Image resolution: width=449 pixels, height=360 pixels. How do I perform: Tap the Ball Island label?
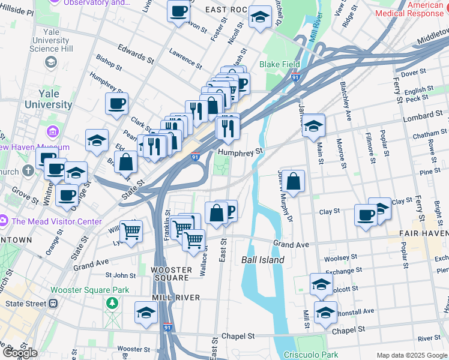(x=263, y=260)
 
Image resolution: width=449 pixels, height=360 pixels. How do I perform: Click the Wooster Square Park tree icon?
(x=112, y=304)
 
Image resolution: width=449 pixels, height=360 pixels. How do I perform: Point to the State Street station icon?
(x=53, y=304)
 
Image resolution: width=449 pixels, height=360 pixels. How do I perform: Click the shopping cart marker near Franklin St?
(x=131, y=230)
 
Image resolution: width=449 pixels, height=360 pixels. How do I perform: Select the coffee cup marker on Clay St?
(x=366, y=215)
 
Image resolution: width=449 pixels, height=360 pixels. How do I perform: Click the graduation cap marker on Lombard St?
(x=313, y=126)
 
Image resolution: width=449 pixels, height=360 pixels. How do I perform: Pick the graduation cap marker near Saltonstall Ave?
(x=325, y=313)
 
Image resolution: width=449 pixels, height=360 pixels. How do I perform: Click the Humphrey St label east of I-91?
(x=241, y=152)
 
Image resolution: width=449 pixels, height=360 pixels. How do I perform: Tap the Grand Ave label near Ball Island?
(x=291, y=244)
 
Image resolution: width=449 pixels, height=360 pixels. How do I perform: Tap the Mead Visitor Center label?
(x=56, y=221)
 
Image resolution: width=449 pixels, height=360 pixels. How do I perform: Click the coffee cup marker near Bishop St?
(x=116, y=103)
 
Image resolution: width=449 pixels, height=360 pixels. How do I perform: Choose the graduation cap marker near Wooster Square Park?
(x=146, y=313)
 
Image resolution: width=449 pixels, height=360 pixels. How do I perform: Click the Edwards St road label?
(x=135, y=53)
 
